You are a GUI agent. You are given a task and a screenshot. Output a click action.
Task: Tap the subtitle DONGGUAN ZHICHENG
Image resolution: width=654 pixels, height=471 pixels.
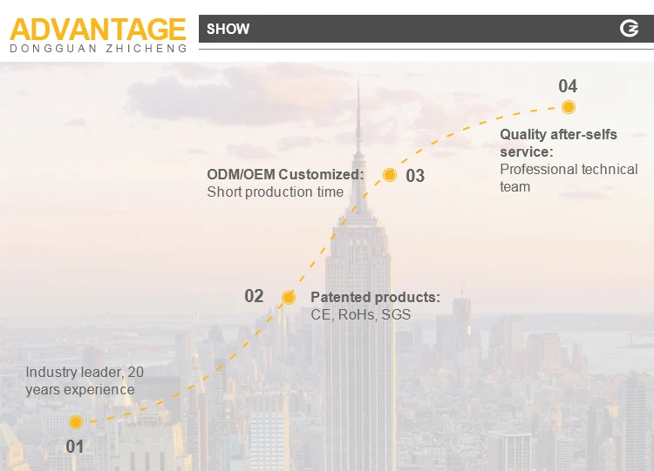tap(98, 49)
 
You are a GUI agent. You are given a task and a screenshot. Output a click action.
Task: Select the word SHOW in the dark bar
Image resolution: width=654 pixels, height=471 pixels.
tap(228, 29)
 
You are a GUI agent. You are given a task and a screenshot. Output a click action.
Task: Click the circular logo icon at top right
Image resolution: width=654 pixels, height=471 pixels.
tap(629, 29)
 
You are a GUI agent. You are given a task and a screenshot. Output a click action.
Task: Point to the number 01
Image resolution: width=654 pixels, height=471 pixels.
tap(75, 447)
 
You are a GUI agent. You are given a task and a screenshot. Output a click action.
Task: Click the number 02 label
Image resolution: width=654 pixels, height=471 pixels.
tap(254, 296)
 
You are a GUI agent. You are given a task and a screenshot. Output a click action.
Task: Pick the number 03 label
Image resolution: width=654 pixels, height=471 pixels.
tap(415, 176)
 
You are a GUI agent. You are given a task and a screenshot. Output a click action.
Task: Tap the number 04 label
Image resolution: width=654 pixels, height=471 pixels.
tap(568, 86)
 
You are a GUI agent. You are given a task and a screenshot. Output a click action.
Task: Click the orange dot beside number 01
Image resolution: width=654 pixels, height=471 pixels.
tap(76, 422)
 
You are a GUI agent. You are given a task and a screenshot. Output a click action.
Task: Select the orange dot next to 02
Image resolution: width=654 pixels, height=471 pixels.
tap(289, 298)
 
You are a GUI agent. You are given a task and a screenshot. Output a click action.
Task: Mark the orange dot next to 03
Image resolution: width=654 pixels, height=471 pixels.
tap(390, 175)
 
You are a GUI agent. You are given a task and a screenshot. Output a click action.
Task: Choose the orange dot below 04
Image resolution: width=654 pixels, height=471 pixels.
tap(569, 107)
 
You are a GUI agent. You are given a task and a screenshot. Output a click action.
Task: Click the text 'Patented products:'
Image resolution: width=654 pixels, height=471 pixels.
tap(375, 298)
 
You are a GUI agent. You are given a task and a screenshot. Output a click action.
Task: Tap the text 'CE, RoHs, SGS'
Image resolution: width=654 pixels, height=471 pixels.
tap(360, 314)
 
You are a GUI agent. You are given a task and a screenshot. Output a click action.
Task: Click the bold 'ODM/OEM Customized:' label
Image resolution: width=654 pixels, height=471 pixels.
tap(285, 174)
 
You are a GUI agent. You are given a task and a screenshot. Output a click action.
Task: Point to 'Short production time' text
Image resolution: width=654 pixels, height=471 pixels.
tap(275, 192)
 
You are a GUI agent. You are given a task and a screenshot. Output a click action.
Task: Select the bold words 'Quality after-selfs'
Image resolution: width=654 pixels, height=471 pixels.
tap(558, 134)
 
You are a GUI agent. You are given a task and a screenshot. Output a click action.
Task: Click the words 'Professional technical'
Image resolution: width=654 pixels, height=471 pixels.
tap(569, 169)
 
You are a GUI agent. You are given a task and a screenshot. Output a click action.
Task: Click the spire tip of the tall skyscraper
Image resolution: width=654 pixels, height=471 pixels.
tap(358, 83)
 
